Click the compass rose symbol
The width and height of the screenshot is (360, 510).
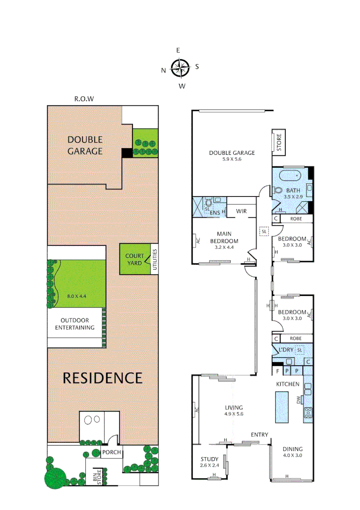180,68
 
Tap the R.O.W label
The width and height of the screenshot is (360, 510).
84,99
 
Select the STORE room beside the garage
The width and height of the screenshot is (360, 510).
278,142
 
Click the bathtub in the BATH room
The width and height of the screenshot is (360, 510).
290,177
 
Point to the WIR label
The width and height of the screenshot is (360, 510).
242,211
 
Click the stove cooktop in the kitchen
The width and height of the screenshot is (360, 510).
308,412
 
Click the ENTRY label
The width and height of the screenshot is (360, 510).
259,434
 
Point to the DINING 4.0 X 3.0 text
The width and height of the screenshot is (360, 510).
293,452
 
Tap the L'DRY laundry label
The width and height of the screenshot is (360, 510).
286,349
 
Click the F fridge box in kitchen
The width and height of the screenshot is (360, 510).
277,371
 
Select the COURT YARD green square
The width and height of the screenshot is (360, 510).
134,259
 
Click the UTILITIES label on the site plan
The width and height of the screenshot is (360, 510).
154,259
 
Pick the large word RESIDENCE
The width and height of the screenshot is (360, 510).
102,378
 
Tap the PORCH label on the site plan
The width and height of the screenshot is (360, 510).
111,452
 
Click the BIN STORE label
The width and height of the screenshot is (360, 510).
96,477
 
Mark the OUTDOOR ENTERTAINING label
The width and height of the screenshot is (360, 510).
75,324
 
